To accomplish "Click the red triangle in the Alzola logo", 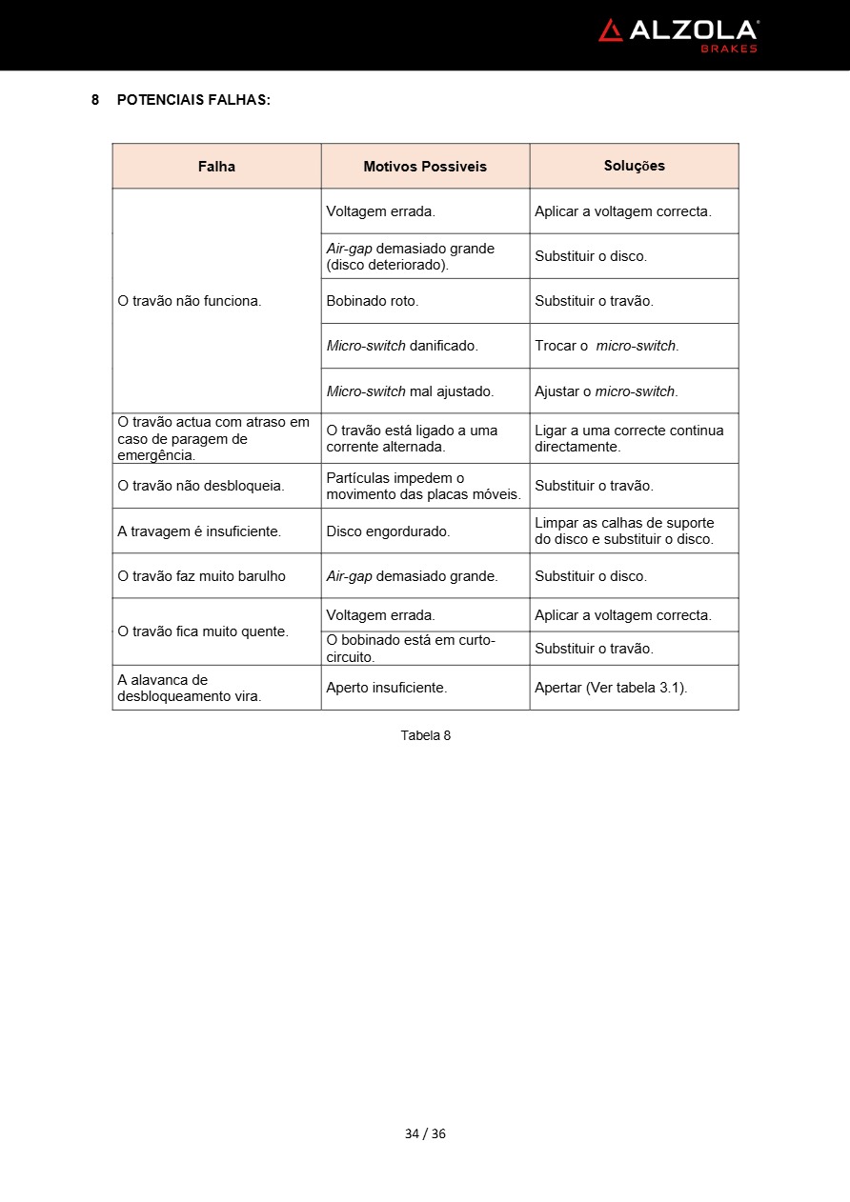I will point(611,30).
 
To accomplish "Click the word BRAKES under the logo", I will point(729,49).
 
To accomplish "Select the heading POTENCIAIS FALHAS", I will point(193,99).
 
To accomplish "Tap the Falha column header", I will point(216,167).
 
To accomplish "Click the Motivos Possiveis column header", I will point(425,167).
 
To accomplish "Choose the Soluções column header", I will point(634,166).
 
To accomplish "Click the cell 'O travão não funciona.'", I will point(190,301).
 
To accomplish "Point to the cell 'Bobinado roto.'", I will point(373,301).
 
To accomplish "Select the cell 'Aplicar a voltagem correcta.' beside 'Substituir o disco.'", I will point(623,211).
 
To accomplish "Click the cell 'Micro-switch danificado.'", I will point(402,346).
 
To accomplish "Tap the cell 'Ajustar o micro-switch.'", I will point(606,391).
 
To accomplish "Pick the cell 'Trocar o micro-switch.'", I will point(607,346).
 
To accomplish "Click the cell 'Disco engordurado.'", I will point(388,531).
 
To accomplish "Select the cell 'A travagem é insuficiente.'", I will point(199,531).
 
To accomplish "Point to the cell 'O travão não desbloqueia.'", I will point(201,486).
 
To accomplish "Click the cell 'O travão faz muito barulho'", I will point(201,576).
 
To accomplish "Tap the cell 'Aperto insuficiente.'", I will point(387,688).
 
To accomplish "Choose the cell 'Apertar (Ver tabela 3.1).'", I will point(611,688).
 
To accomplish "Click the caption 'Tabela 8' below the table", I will point(425,735).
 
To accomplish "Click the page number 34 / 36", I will point(425,1133).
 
